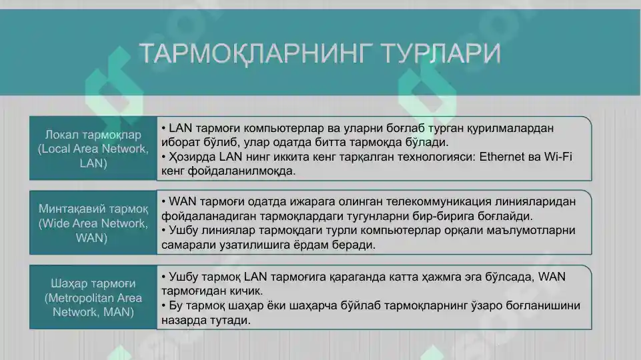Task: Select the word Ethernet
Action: (502, 157)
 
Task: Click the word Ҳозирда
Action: (191, 157)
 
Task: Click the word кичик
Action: (247, 291)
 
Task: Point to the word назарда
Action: (183, 320)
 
